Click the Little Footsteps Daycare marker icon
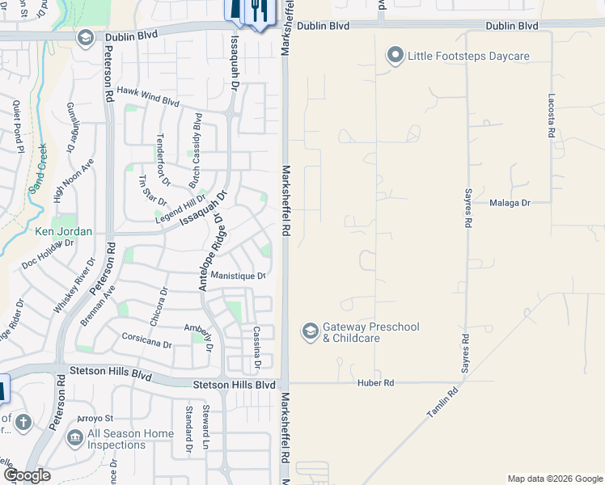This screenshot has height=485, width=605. tap(396, 56)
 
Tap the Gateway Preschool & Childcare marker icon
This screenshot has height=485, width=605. tap(310, 331)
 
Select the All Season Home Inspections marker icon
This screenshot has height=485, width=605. tap(74, 438)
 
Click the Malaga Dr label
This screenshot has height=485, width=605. tap(510, 204)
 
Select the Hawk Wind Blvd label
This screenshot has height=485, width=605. tap(148, 96)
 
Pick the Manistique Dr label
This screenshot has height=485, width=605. tap(238, 276)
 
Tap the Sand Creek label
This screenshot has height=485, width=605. tap(38, 171)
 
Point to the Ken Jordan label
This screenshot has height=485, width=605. tap(63, 231)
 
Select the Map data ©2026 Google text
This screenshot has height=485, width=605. tap(555, 479)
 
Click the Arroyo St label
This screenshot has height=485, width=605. tap(95, 418)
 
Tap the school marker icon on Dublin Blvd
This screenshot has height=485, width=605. tap(84, 38)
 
